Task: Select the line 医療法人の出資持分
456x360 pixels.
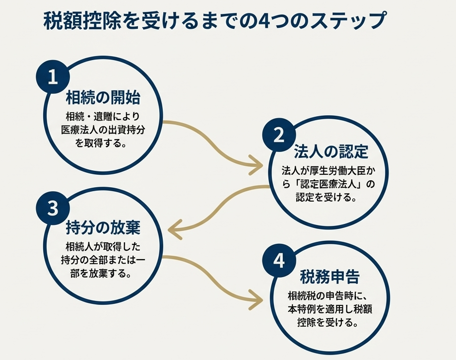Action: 103,131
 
